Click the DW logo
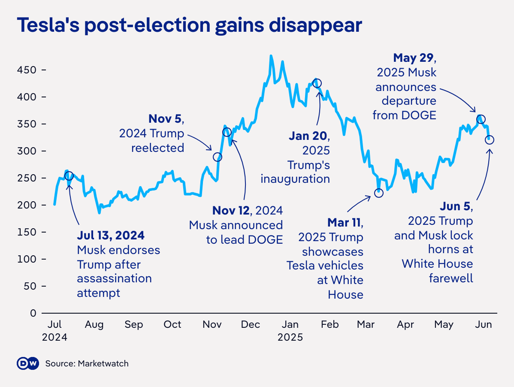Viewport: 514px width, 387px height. [x=28, y=363]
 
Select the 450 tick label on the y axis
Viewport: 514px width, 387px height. [x=27, y=70]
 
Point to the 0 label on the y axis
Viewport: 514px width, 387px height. [x=33, y=313]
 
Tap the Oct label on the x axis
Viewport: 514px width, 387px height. [x=172, y=324]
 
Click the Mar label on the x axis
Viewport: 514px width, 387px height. [x=366, y=324]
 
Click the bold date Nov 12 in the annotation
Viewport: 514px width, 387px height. [x=231, y=210]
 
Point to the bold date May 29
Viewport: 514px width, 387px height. [x=413, y=57]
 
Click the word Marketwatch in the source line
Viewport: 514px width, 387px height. [x=103, y=364]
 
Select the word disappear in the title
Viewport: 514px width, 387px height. [x=315, y=26]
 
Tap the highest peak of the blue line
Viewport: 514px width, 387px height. [x=271, y=56]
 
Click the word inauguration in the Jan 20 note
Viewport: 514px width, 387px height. [x=295, y=179]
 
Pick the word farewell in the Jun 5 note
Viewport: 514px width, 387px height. [x=451, y=278]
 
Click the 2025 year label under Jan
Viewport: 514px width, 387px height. [x=290, y=337]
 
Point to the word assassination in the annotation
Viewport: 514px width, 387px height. [x=115, y=278]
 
